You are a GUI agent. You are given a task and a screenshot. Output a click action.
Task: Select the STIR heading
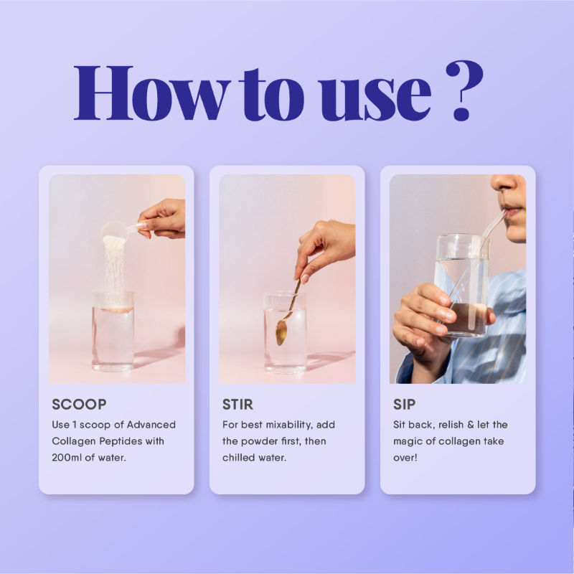point(237,404)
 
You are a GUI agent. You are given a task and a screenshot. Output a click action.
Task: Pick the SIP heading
point(405,404)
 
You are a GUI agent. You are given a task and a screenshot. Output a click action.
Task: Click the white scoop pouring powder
point(116,231)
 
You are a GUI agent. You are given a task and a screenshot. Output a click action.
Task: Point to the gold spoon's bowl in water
point(281,332)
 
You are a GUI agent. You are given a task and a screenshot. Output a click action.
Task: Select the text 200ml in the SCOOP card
point(70,458)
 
